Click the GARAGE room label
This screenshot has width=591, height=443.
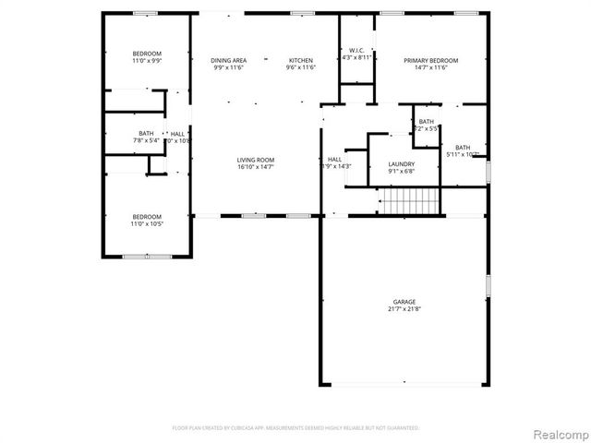click(x=404, y=302)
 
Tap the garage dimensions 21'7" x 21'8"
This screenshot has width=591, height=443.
click(x=404, y=309)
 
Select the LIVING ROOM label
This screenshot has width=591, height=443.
click(x=256, y=160)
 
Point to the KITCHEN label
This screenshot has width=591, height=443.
click(x=301, y=60)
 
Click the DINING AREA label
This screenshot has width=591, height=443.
click(x=229, y=60)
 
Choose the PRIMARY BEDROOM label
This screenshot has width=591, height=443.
click(x=431, y=60)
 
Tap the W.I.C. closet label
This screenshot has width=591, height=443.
click(x=356, y=50)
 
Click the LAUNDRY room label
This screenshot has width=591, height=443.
click(x=402, y=163)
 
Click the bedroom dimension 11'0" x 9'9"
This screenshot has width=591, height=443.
click(x=147, y=61)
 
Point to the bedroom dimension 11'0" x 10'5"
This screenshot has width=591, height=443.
click(x=147, y=223)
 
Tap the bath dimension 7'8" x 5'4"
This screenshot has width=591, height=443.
click(x=147, y=141)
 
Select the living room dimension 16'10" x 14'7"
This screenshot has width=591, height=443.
click(x=256, y=167)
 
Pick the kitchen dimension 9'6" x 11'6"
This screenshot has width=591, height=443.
click(x=301, y=67)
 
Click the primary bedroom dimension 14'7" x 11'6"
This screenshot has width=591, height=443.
click(x=431, y=67)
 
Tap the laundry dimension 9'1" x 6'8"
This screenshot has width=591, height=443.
click(x=402, y=171)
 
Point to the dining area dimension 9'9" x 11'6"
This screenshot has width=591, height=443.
click(x=229, y=67)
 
